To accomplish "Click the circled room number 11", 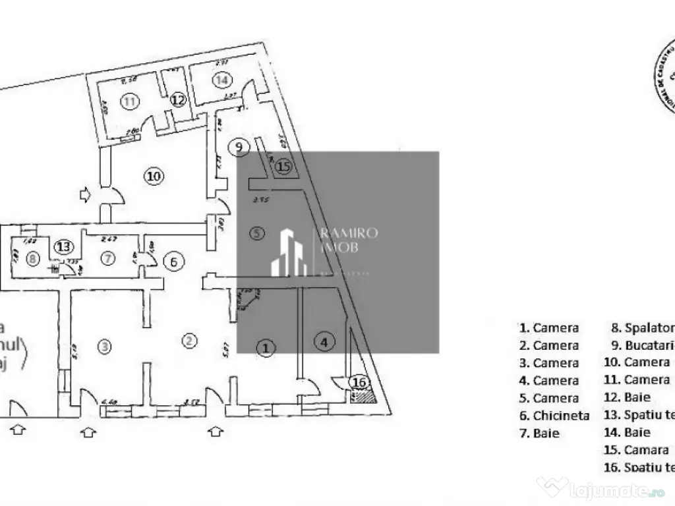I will (131, 101).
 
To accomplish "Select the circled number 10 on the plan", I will (153, 176).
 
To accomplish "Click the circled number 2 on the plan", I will (189, 341).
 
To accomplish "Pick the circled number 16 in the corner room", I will (360, 383).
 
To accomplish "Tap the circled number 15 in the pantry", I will (283, 167).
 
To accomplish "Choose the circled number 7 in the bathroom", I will (107, 258).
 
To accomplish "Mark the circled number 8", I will (34, 259).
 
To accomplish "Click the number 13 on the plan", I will (63, 246).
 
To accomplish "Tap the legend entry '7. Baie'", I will (539, 434).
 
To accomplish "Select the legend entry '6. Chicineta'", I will (554, 416).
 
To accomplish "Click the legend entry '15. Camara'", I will (636, 451).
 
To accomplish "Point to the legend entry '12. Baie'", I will (627, 397).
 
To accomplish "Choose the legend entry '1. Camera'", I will (548, 327).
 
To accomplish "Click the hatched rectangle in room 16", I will (362, 396).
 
